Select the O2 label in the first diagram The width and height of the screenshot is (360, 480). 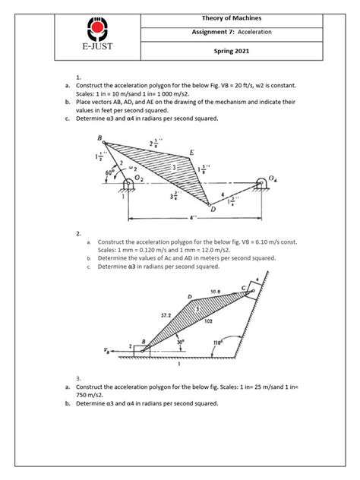[x=138, y=178]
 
